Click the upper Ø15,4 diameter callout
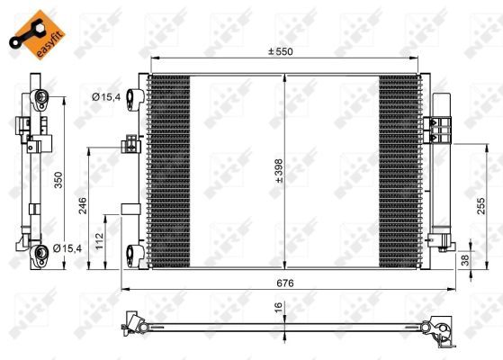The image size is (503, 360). pyautogui.click(x=105, y=96)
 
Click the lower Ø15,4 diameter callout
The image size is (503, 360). pyautogui.click(x=66, y=247)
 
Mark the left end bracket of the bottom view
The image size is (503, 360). pyautogui.click(x=135, y=323)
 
